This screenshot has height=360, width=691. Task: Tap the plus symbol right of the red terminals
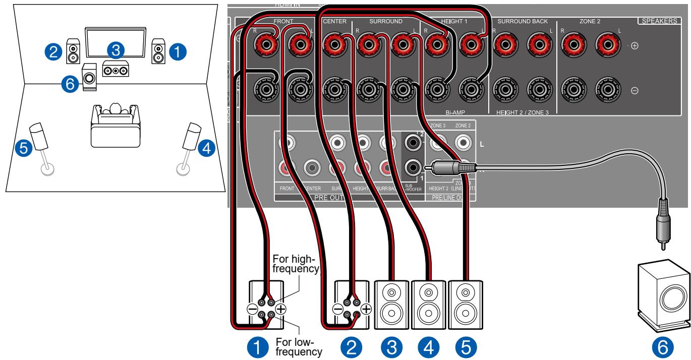[634, 46]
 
